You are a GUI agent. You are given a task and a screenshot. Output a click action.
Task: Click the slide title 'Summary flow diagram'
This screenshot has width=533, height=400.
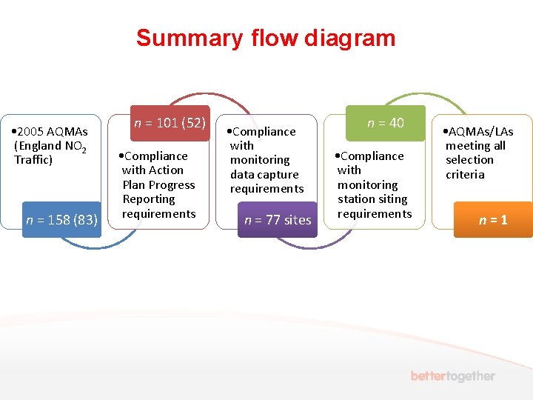pyautogui.click(x=266, y=38)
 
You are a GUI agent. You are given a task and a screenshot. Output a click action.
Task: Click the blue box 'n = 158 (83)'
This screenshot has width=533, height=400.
pyautogui.click(x=61, y=219)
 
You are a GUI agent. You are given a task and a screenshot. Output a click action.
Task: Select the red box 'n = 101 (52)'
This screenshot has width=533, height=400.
pyautogui.click(x=170, y=123)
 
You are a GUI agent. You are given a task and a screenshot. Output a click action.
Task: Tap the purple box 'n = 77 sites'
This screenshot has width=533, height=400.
pyautogui.click(x=278, y=219)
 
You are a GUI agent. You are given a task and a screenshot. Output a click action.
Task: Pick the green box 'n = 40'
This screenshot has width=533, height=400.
pyautogui.click(x=386, y=123)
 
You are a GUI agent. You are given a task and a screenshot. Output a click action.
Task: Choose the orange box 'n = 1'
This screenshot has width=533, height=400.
pyautogui.click(x=493, y=219)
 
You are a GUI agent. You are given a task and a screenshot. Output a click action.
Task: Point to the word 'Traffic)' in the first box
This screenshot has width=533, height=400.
pyautogui.click(x=33, y=159)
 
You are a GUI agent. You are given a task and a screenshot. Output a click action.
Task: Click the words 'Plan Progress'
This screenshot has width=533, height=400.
pyautogui.click(x=158, y=184)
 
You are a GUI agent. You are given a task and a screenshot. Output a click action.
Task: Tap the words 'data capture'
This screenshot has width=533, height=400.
pyautogui.click(x=264, y=174)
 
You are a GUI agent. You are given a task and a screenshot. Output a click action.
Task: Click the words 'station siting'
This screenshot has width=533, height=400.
pyautogui.click(x=372, y=199)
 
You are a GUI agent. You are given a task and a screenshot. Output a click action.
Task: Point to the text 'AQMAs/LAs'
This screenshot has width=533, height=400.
pyautogui.click(x=480, y=132)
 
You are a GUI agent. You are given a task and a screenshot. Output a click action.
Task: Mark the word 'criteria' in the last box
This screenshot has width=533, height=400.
pyautogui.click(x=465, y=174)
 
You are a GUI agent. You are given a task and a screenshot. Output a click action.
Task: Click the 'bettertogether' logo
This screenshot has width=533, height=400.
pyautogui.click(x=453, y=376)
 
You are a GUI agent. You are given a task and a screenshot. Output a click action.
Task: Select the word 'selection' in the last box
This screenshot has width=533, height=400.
pyautogui.click(x=469, y=159)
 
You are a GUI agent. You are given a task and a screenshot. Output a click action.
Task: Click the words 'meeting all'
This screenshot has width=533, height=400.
pyautogui.click(x=475, y=145)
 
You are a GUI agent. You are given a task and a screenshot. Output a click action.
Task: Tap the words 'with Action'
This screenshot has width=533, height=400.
pyautogui.click(x=152, y=170)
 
